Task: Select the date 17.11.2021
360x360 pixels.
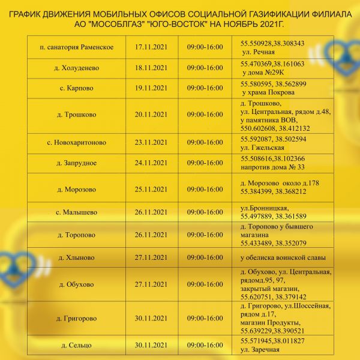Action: coord(151,47)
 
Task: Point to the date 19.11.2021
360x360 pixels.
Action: coord(151,88)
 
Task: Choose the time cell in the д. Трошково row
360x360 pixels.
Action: coord(205,115)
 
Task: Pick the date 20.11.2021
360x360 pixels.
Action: coord(151,115)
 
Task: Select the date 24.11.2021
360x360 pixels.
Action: coord(151,163)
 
